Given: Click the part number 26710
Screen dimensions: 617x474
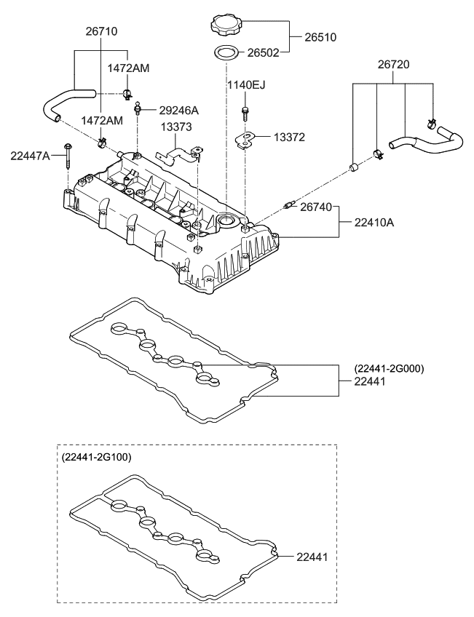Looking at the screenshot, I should point(101,32).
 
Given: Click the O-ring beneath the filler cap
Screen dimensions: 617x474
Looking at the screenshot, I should point(226,52).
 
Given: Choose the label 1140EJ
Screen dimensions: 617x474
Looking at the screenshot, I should point(245,85).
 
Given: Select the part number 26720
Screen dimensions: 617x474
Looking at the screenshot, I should point(393,65).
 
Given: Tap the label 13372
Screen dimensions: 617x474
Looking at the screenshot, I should point(289,137).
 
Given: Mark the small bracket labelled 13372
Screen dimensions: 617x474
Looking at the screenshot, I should point(248,138).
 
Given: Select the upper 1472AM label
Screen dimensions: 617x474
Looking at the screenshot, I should point(128,68).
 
